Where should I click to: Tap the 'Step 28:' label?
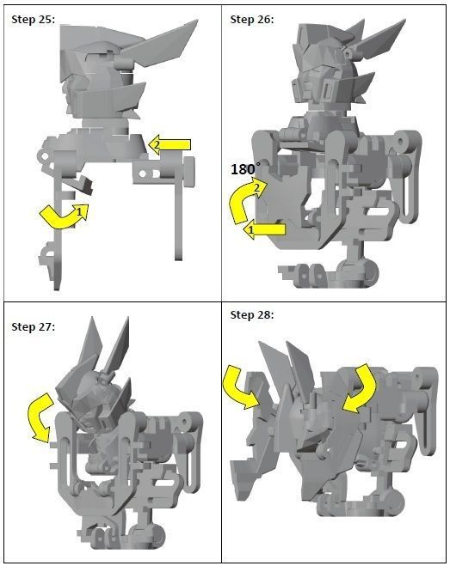pos(252,315)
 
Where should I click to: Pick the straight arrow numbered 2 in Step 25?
pos(170,144)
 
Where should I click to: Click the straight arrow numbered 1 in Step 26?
pos(263,229)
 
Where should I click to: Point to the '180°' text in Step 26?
pos(245,168)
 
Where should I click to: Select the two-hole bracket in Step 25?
pos(149,174)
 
